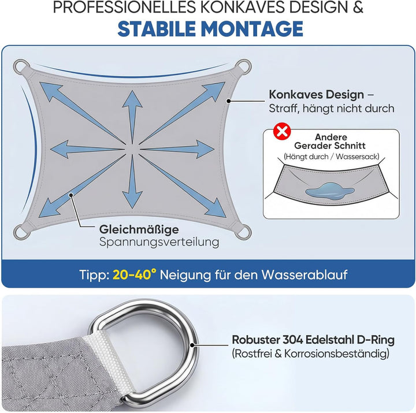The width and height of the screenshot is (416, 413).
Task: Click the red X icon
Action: point(282,131)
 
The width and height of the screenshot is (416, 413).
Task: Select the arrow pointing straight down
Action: point(132,181)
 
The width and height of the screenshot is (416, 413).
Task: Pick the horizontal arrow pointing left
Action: point(87,150)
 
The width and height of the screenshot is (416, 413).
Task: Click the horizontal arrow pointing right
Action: point(177,149)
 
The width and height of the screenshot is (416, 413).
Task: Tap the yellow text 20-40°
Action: point(135,275)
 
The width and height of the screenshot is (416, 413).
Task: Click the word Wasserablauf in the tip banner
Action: point(304,275)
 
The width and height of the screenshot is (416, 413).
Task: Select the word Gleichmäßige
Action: point(139,230)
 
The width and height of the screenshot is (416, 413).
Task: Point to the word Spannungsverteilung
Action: point(159,243)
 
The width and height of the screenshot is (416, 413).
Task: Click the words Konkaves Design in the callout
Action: point(316,95)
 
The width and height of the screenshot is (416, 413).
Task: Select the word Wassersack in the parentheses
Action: point(356,157)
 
